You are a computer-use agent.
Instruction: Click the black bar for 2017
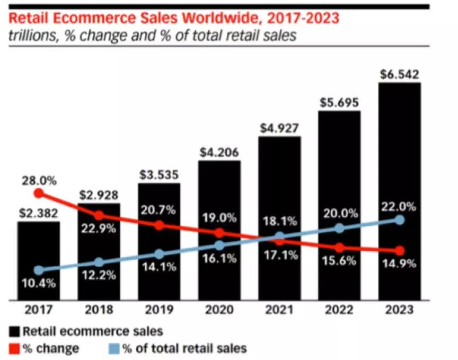tap(38, 260)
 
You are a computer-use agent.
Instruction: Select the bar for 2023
tap(399, 191)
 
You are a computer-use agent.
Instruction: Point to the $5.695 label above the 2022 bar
tap(339, 103)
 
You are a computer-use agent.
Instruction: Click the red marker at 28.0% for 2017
tap(38, 194)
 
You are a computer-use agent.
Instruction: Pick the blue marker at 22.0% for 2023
tap(399, 219)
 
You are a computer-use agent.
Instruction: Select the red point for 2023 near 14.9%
tap(399, 250)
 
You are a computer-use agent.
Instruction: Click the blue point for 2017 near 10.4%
tap(38, 270)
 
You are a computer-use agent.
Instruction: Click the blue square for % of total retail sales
tap(111, 349)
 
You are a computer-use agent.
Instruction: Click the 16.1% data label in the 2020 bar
tap(219, 260)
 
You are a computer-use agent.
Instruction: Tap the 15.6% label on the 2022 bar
tap(340, 261)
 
